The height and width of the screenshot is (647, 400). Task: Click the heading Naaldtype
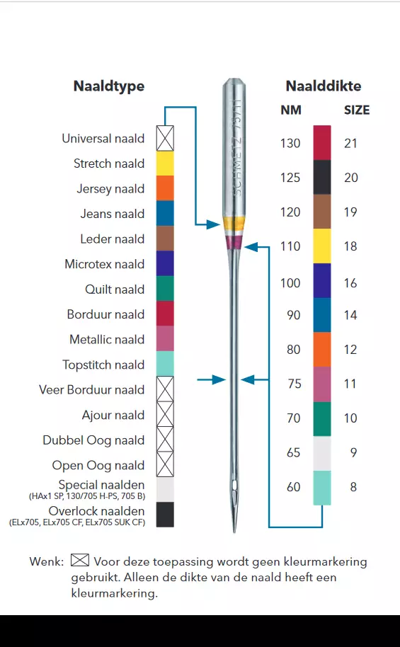coord(109,86)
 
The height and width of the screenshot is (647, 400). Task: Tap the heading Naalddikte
coord(324,86)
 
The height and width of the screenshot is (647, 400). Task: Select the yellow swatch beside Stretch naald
coord(165,164)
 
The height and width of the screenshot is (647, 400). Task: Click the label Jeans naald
coord(113,214)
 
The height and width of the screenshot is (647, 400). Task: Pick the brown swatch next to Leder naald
coord(165,238)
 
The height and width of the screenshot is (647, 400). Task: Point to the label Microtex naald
coord(105,264)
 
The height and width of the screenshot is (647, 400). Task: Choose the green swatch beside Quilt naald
coord(165,288)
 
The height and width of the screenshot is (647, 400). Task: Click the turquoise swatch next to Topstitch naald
coord(165,364)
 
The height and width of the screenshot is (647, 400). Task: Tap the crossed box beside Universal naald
coord(165,138)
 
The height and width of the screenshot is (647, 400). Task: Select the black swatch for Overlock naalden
coord(165,515)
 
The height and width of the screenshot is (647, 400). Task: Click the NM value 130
coord(290,143)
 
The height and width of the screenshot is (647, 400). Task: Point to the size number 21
coord(350,143)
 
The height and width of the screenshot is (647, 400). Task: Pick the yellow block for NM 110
coord(322,246)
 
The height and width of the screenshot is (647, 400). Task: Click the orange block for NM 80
coord(322,350)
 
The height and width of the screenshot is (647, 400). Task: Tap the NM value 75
coord(295,384)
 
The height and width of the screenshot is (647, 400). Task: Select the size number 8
coord(353,487)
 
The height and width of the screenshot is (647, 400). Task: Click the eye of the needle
coord(234,486)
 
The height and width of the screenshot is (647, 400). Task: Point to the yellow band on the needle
coord(234,225)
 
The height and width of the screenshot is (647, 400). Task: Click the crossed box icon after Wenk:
coord(80,560)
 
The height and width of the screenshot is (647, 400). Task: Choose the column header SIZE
coord(357,110)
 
